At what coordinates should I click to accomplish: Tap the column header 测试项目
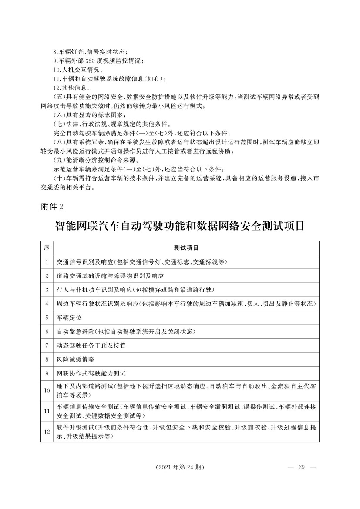pos(186,248)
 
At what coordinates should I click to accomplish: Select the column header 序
pos(46,248)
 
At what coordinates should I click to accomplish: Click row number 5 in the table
pos(46,318)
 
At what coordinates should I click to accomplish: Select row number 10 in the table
pos(46,390)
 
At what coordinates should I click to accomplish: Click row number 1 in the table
pos(46,262)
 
